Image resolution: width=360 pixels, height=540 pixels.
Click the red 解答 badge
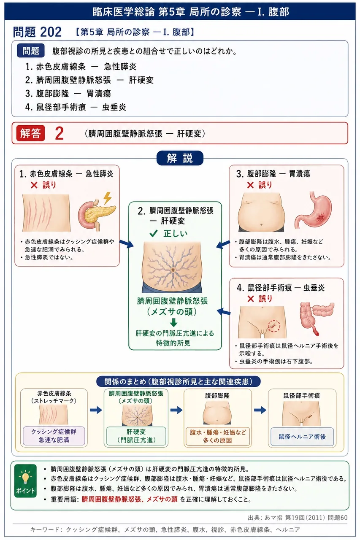31,133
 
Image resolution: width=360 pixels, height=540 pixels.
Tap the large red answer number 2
60,133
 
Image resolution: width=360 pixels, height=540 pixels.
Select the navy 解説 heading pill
180,158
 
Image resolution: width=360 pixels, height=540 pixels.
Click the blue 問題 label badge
31,51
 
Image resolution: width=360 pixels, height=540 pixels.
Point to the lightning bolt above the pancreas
107,198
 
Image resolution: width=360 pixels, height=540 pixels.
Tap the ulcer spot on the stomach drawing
320,218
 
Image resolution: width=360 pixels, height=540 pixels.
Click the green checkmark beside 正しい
153,233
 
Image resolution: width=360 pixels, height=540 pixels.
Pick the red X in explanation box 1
34,185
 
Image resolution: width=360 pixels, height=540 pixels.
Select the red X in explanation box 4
251,299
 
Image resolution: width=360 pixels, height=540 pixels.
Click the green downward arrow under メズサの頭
173,322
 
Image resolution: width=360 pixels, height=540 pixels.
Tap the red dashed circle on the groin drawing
274,326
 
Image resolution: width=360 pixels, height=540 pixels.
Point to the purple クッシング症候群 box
54,436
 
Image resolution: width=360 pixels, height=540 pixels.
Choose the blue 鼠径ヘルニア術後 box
302,437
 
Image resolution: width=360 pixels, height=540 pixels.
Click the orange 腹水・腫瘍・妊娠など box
217,437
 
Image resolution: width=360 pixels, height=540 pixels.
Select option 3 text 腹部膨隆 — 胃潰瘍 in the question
68,94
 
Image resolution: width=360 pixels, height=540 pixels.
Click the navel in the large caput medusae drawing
173,270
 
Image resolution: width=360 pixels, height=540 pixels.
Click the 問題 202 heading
38,32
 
